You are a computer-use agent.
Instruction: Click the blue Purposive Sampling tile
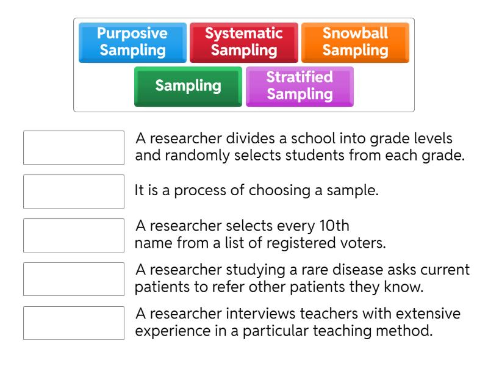133,42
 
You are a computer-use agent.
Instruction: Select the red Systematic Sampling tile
244,42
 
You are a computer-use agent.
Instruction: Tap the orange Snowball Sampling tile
355,42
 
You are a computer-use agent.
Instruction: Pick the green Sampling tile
188,86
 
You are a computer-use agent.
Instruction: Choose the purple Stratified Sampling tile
300,86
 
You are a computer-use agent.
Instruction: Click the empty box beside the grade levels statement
74,148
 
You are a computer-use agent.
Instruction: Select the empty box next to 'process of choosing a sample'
74,192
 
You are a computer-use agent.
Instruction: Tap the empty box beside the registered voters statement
74,235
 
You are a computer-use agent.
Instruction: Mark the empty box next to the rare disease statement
74,279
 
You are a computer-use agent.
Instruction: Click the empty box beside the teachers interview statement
74,323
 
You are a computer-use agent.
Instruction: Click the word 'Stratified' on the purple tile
300,77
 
